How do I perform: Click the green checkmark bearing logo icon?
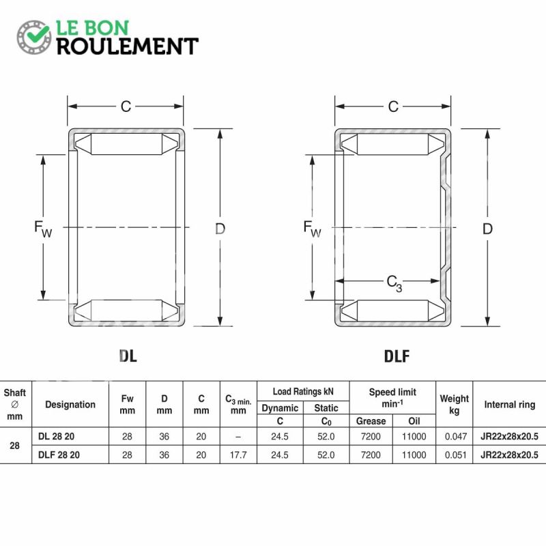[34, 37]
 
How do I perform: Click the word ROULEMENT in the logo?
[128, 46]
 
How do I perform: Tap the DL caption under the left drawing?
[128, 356]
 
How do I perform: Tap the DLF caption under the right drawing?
[397, 356]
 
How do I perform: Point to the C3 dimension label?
[394, 283]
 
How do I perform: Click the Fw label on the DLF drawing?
[312, 229]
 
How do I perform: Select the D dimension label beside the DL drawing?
[220, 229]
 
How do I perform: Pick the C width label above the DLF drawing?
[393, 106]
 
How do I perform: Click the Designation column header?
[70, 404]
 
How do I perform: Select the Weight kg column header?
[454, 404]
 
